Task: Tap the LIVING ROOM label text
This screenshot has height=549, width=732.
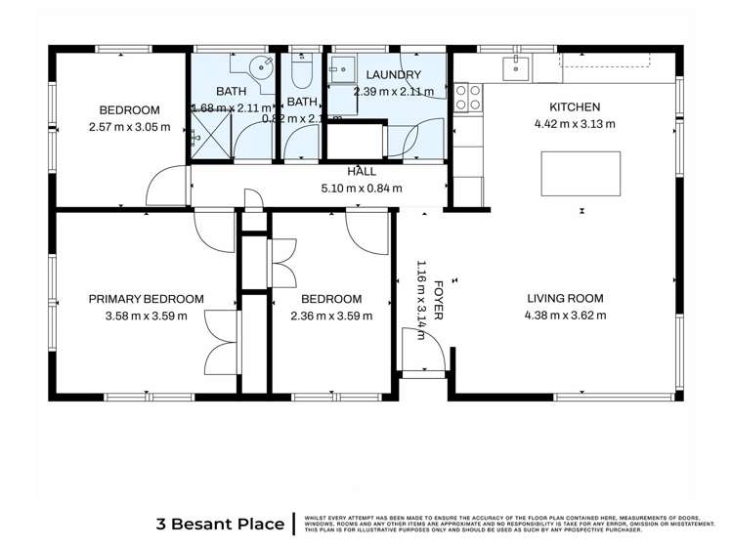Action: click(565, 299)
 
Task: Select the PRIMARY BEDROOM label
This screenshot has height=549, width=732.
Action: click(146, 299)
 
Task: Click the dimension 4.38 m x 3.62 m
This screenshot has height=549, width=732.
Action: click(565, 316)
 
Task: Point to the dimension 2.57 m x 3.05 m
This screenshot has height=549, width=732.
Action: click(129, 127)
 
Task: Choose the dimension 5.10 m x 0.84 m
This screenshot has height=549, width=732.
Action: click(362, 189)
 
